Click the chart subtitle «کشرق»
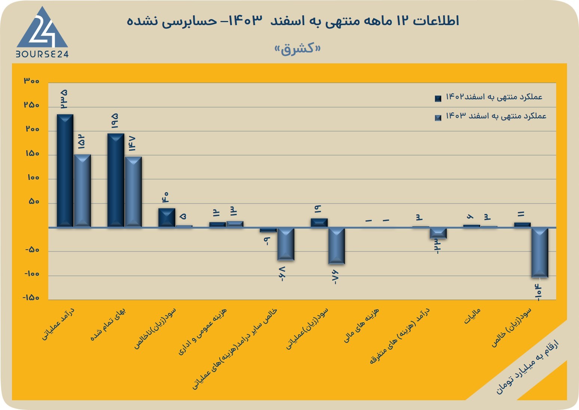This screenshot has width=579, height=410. point(297,48)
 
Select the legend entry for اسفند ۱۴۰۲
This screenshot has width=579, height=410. point(488,97)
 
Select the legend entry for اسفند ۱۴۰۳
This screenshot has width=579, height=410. point(491,117)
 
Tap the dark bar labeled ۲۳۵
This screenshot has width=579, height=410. point(65,171)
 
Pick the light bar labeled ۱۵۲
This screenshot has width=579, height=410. point(82,191)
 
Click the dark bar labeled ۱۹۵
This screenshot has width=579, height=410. point(116,180)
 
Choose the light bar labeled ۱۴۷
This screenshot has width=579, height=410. point(133,192)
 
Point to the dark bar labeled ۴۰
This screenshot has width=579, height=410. point(167,218)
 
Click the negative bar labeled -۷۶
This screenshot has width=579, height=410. point(336,246)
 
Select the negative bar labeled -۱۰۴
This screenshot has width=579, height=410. point(540,253)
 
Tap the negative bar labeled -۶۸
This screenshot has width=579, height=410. point(286,244)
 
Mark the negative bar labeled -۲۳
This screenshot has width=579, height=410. point(438,233)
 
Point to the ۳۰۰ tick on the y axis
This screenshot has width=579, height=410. point(31,81)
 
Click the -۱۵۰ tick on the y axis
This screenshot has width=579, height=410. point(31,298)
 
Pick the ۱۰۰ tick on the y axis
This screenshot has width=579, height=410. point(33,178)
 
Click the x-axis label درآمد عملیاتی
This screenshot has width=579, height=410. point(58,323)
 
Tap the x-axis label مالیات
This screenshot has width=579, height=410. point(472,316)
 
